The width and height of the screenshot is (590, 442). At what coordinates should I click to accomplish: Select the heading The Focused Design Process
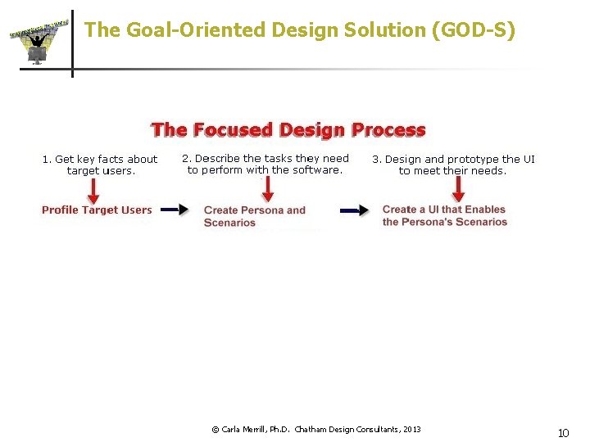288,130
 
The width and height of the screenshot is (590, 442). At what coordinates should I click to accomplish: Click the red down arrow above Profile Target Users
93,191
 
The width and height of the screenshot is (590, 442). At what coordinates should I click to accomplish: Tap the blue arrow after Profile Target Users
174,210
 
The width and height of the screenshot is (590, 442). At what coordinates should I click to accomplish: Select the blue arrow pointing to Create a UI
354,210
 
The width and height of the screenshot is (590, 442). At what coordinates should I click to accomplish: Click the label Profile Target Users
97,210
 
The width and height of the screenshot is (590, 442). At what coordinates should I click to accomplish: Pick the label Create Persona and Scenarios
254,216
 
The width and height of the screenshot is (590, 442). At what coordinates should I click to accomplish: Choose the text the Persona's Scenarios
444,222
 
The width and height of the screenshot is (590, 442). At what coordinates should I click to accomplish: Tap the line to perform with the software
265,170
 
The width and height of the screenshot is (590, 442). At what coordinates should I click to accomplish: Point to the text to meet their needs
452,171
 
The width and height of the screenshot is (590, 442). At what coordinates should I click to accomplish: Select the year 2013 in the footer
411,429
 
